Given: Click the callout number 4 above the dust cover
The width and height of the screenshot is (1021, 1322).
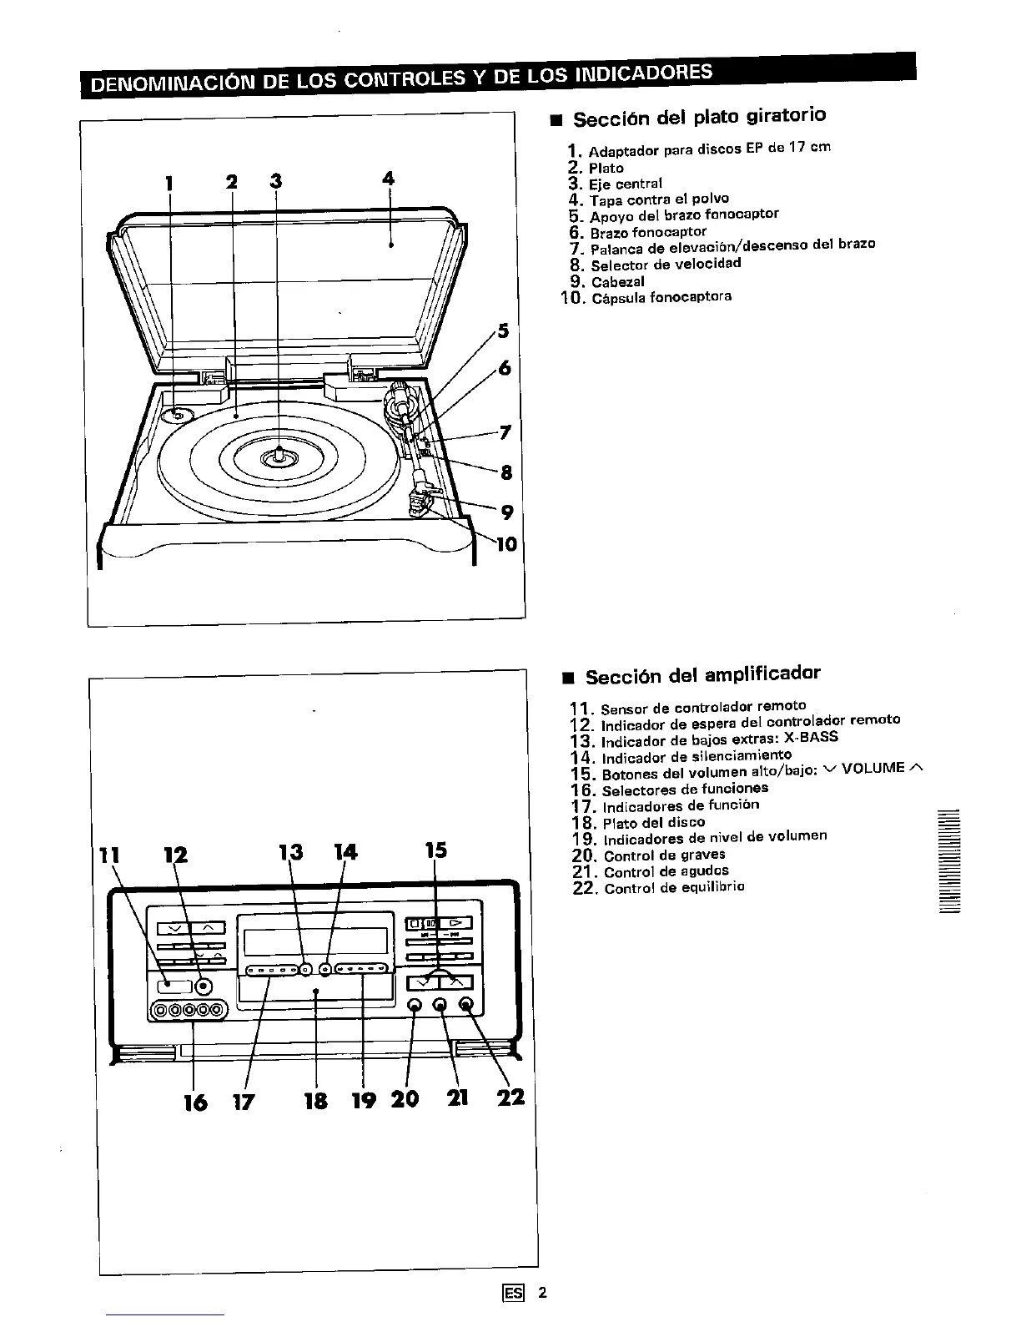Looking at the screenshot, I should point(388,178).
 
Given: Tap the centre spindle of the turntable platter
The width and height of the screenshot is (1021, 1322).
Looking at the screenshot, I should point(278,455).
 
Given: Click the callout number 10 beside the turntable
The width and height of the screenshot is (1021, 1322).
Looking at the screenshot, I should point(506,545).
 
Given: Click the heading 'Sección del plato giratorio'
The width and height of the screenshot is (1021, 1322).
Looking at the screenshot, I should point(699,116).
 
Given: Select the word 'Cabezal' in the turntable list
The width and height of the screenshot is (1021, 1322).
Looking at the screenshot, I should point(617,281).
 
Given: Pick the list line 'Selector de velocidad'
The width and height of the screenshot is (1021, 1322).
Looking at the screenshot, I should point(665,264).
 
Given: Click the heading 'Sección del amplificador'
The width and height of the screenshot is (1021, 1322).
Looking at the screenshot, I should point(702,674).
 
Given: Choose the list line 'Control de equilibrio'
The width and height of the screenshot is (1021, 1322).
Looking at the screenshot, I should point(674,888).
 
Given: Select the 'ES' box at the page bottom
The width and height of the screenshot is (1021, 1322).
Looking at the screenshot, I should point(513,1293).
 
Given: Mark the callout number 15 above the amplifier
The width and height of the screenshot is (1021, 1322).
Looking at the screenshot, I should point(435,850).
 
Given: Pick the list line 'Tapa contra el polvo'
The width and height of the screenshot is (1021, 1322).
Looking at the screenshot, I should point(658,199).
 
